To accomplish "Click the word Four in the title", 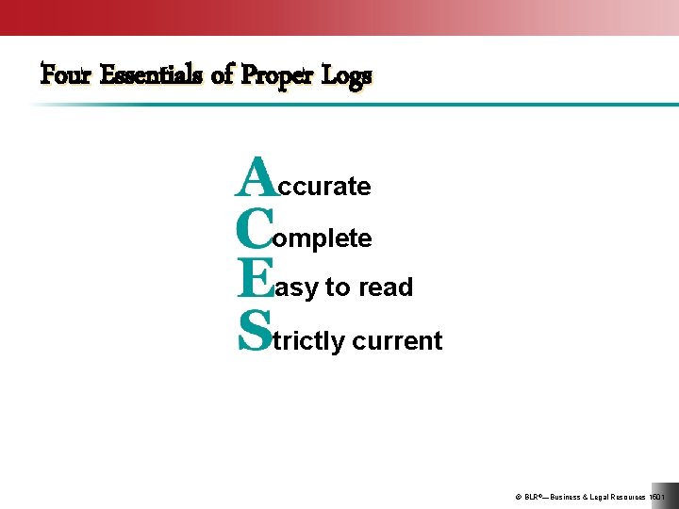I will (65, 74).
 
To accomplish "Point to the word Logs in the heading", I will (347, 75).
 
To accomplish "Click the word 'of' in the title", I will (223, 74).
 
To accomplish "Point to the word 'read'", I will (386, 287).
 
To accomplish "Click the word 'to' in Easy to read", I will (338, 287).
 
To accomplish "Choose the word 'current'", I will (397, 341).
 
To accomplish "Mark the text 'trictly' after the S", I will (308, 341).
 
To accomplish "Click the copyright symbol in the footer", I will (518, 497).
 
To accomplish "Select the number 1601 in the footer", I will (657, 497).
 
